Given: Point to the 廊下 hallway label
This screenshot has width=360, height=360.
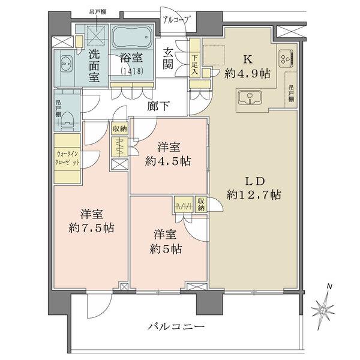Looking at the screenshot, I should [158, 107].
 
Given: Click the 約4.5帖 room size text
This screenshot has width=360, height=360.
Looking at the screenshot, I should [170, 161].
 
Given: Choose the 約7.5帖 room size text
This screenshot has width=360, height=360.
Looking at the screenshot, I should [91, 227].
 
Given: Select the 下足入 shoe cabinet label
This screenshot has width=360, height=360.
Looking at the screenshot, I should [196, 64].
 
